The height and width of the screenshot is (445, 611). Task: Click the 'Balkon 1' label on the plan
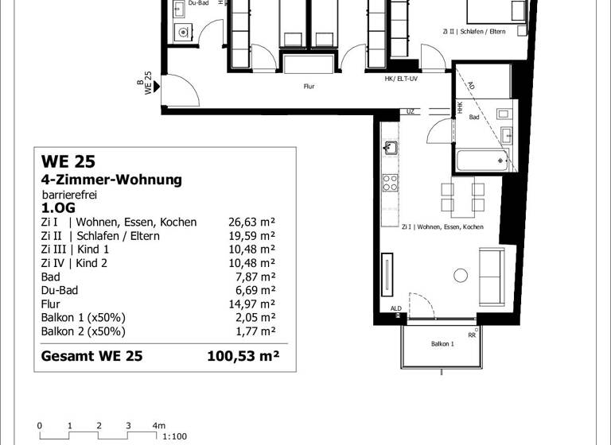point(443,343)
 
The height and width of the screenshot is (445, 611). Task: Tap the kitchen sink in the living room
point(390,148)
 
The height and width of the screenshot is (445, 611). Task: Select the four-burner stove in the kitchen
point(390,183)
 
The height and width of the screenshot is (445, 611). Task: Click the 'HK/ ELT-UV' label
point(401,78)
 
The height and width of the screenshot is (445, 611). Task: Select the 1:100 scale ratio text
point(174,436)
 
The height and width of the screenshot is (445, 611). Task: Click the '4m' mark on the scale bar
point(159,426)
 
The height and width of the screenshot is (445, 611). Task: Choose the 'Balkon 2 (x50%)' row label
point(83,331)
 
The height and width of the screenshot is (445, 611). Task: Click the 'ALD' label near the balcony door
point(395,309)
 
